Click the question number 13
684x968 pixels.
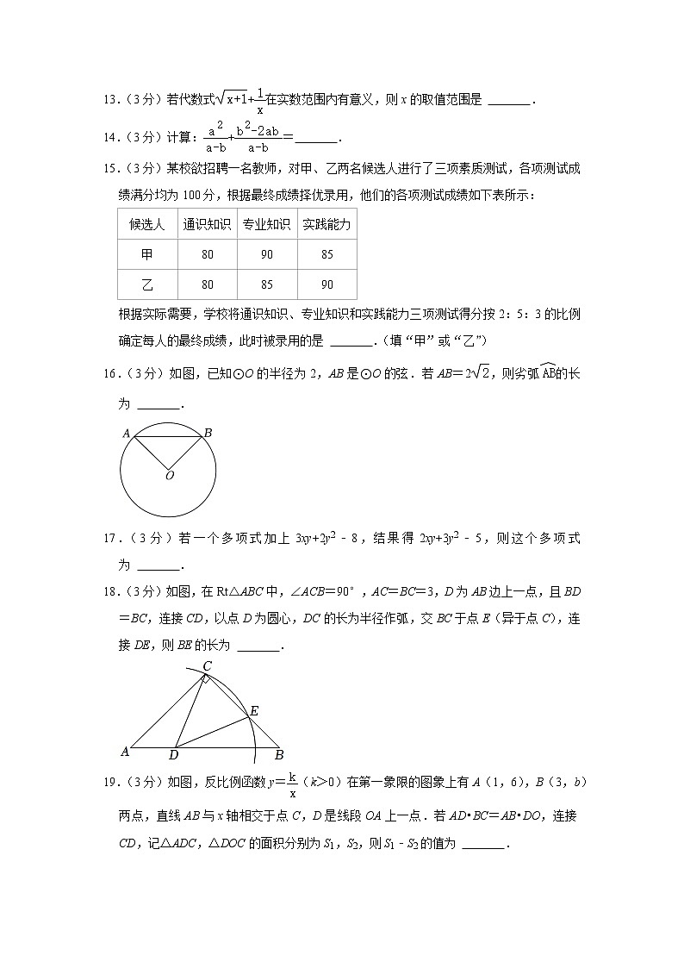(109, 100)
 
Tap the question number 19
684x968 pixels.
(109, 783)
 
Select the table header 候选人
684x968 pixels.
(147, 225)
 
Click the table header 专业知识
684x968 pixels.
(266, 225)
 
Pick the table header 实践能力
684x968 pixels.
(326, 225)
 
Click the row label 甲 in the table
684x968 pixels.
(147, 255)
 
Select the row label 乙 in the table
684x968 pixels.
(147, 285)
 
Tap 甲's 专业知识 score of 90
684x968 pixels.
(266, 255)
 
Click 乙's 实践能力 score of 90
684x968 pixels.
(326, 285)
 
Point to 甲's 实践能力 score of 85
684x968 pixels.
(326, 255)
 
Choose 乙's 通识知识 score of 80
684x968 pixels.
(207, 285)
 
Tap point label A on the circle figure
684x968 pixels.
(126, 433)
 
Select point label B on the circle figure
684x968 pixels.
(208, 433)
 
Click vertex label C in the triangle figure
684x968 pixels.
(207, 665)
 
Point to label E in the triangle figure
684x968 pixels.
(254, 711)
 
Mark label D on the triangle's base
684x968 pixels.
(173, 756)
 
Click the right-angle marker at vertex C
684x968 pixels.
(206, 680)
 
